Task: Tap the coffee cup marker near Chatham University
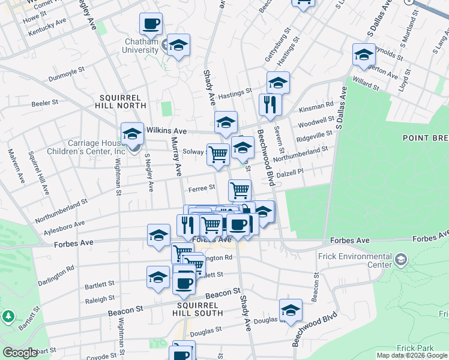tap(151, 25)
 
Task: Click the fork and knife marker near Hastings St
tap(270, 105)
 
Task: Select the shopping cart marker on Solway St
tap(218, 155)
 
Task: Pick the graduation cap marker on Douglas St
tap(291, 310)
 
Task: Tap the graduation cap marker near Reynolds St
tap(364, 55)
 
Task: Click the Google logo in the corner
tap(20, 353)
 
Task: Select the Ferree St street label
tap(202, 188)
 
